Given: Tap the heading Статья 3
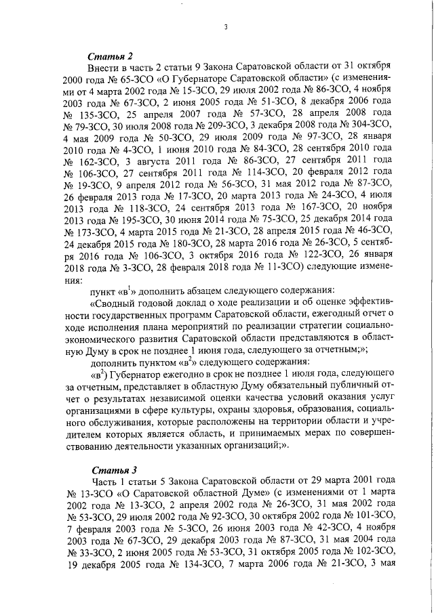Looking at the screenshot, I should point(111,469).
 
